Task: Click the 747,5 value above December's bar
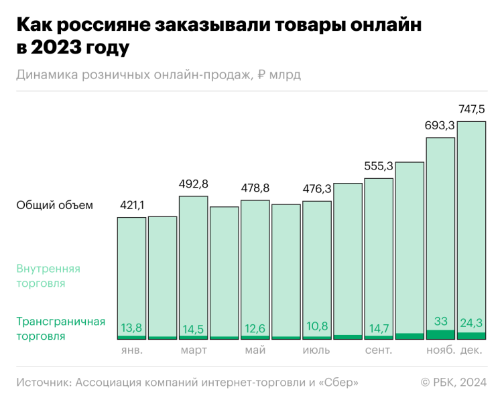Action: click(471, 109)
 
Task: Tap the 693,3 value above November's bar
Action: click(440, 125)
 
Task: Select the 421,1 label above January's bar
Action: click(131, 205)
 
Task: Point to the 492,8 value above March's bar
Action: click(193, 184)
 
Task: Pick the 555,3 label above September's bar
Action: click(379, 165)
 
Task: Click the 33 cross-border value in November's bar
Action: click(441, 322)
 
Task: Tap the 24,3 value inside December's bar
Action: click(471, 322)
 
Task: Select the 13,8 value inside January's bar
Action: click(131, 328)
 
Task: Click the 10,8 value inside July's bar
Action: click(317, 328)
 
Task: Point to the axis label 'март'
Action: click(193, 350)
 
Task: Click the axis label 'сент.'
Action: click(379, 350)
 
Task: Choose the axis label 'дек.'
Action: click(472, 350)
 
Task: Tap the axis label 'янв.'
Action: click(131, 350)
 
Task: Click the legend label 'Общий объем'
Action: click(54, 205)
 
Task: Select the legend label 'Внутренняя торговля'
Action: click(48, 276)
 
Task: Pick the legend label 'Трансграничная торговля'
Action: click(60, 328)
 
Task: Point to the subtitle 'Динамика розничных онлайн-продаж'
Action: click(133, 74)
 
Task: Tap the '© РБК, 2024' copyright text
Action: click(454, 383)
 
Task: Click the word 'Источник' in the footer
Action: click(42, 383)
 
